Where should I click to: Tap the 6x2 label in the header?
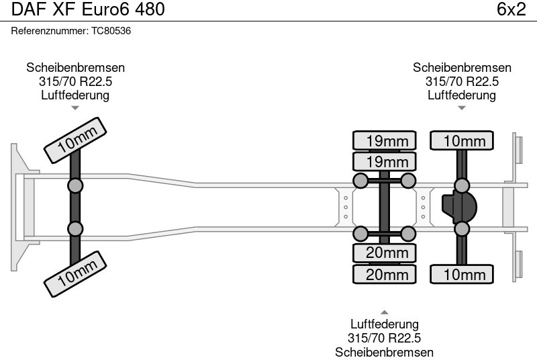511,9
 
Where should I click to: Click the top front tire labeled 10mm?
76,140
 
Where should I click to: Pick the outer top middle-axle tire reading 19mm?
385,140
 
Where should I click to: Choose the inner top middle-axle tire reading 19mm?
385,162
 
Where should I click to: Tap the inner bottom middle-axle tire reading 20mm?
385,253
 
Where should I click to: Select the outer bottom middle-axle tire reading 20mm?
385,275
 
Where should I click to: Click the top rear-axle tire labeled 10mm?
462,140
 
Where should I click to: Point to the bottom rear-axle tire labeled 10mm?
462,275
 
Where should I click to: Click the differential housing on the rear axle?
458,207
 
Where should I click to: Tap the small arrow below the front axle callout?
75,107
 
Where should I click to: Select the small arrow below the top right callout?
462,107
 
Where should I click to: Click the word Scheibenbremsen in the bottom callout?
385,352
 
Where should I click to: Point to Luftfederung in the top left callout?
75,95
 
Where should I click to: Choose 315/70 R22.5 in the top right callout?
462,81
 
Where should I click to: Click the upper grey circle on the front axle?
75,185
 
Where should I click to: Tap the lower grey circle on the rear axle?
462,229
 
